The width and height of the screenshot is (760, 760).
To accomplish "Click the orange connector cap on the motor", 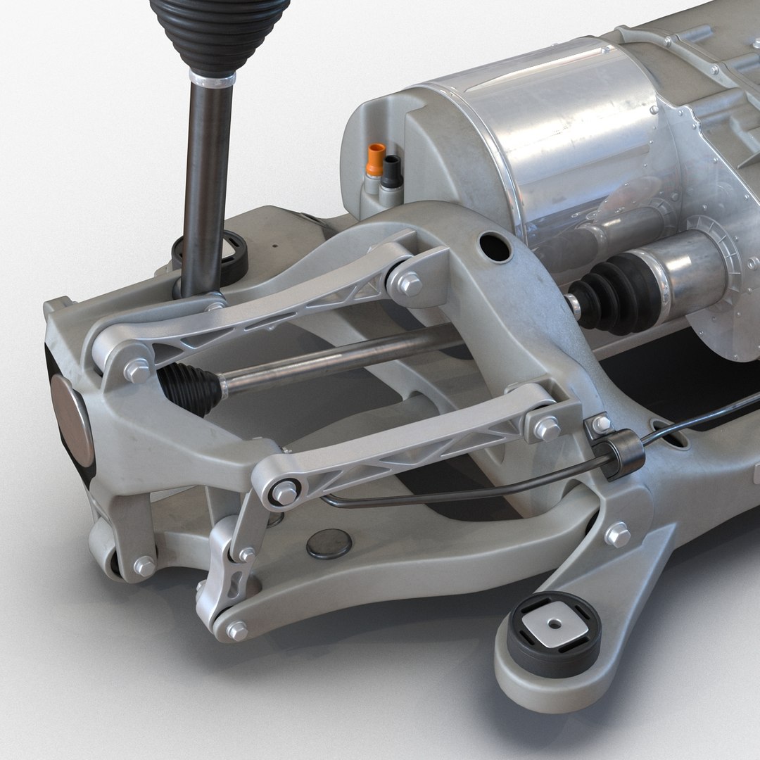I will pos(376,159).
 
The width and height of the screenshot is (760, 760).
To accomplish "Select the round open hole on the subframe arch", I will pos(496,247).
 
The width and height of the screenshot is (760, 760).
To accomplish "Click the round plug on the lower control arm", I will pos(329,543).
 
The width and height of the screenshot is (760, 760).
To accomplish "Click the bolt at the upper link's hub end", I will pos(136,370).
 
